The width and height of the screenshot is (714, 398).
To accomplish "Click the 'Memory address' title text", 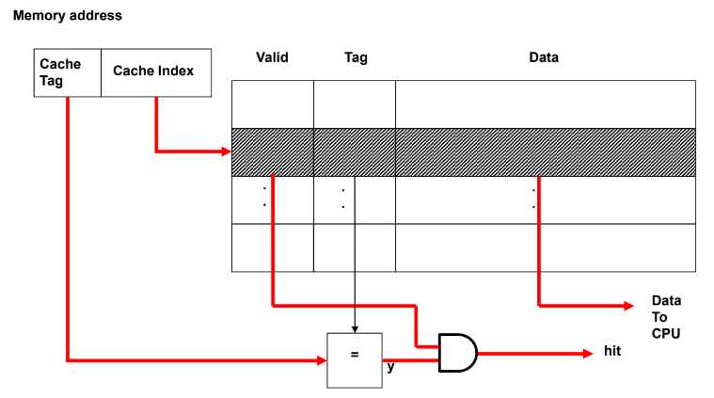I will (x=68, y=16).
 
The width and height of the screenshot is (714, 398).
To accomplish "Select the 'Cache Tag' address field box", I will (x=67, y=72).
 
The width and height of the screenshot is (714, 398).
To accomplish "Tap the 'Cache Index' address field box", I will (x=155, y=72).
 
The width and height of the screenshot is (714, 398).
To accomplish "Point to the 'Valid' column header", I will (x=272, y=57).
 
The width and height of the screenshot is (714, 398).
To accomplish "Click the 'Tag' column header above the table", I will (x=356, y=57).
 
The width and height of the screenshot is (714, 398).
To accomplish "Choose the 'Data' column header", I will (x=544, y=57).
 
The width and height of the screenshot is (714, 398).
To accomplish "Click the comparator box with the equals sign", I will (x=355, y=359).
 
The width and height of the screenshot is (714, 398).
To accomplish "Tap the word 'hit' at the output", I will (x=611, y=353).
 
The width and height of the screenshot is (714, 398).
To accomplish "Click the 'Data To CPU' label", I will (x=664, y=317).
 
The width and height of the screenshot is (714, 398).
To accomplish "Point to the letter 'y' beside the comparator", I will (x=390, y=367).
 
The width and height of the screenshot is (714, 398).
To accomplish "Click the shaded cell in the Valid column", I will (x=273, y=151).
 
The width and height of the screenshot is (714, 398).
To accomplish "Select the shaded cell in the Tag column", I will (x=355, y=151).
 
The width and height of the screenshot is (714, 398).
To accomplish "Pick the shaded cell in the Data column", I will (x=545, y=151).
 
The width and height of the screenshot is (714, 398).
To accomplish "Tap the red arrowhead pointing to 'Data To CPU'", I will (x=628, y=305).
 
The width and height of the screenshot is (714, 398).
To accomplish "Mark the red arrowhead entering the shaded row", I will (x=226, y=151).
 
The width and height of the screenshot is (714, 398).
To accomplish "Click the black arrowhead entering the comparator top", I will (x=355, y=328).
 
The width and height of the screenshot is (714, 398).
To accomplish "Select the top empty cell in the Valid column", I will (x=273, y=104).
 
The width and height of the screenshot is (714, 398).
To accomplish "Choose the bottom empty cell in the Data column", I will (x=545, y=247).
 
